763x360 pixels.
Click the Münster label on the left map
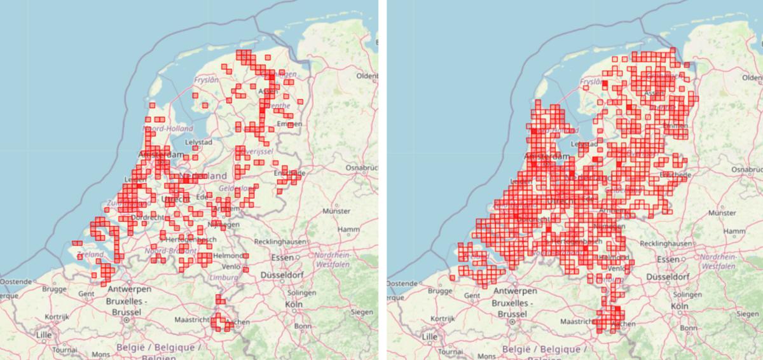[x=337, y=211]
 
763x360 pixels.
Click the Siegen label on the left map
[x=362, y=312]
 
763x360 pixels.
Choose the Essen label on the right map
[x=668, y=260]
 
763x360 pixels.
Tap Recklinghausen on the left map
[x=280, y=243]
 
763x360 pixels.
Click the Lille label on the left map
[x=44, y=335]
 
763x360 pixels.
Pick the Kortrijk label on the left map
[x=56, y=316]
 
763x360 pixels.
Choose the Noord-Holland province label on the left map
[x=171, y=128]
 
